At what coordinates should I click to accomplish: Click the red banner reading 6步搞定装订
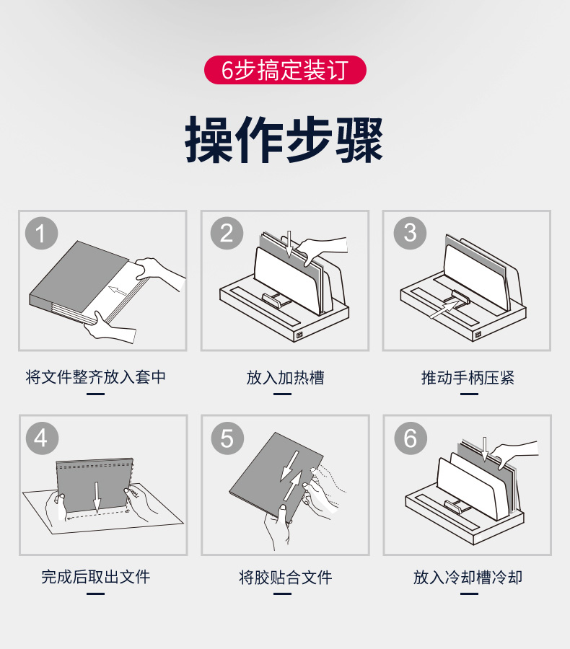[x=285, y=70]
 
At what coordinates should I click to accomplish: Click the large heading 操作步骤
[x=284, y=139]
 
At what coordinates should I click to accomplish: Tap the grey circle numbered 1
[x=41, y=233]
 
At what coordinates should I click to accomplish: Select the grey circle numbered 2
[x=227, y=233]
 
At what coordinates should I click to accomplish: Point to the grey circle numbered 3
[x=410, y=233]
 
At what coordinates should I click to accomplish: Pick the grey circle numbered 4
[x=42, y=438]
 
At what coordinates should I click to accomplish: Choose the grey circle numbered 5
[x=227, y=438]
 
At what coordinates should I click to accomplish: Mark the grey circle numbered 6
[x=410, y=438]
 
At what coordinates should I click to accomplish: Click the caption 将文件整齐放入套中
[x=96, y=377]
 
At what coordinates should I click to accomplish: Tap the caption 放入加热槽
[x=285, y=377]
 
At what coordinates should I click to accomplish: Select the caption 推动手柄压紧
[x=468, y=377]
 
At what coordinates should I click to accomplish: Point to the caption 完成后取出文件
[x=96, y=577]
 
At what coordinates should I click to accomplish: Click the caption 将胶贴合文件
[x=286, y=578]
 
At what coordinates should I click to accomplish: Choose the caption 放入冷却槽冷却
[x=468, y=578]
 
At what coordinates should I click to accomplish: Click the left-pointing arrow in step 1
[x=118, y=291]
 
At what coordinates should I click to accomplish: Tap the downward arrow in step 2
[x=289, y=244]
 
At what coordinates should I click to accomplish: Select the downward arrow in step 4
[x=97, y=497]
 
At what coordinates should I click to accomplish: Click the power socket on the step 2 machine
[x=299, y=335]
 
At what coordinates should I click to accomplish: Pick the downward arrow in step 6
[x=485, y=449]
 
